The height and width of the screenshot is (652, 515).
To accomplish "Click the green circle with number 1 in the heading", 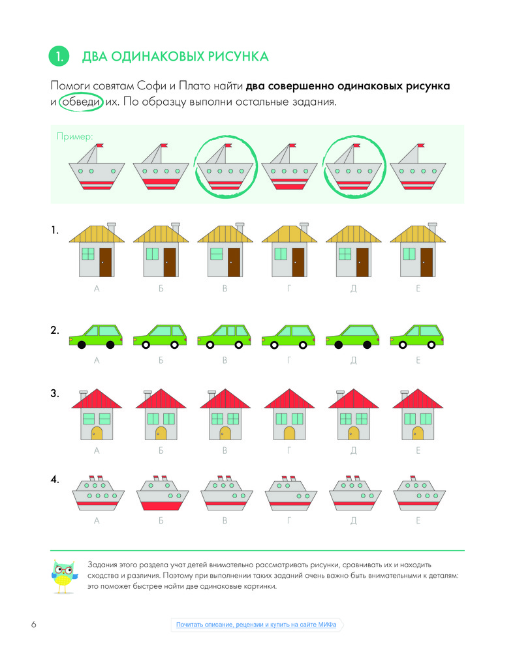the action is [59, 56].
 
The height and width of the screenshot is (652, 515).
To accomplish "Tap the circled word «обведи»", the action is [81, 102].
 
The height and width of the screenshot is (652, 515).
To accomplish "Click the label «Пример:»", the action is [74, 136].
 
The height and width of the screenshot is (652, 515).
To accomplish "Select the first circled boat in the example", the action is [225, 166].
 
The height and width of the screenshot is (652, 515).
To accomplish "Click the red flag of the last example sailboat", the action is [421, 145].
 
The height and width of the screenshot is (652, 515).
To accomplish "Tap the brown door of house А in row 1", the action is [105, 262].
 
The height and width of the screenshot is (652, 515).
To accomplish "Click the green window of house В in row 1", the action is [217, 254].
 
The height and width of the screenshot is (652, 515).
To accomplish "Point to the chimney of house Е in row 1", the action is [433, 228].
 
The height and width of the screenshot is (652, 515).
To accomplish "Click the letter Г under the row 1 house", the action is [289, 288].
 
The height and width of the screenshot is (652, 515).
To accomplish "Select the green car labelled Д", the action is [352, 336].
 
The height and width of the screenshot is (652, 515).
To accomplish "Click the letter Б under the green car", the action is [161, 360].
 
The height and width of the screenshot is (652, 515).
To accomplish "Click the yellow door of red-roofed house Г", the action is [289, 434].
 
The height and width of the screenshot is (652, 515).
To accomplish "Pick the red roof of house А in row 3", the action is [97, 399].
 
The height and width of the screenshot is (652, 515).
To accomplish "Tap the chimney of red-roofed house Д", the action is [340, 394].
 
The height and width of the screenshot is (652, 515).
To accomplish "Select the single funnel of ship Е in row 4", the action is [413, 478].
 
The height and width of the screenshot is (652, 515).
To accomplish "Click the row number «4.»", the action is [55, 479].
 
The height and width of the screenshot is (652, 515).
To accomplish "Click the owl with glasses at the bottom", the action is [65, 576].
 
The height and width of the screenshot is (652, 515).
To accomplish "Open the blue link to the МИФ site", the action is [256, 625].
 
